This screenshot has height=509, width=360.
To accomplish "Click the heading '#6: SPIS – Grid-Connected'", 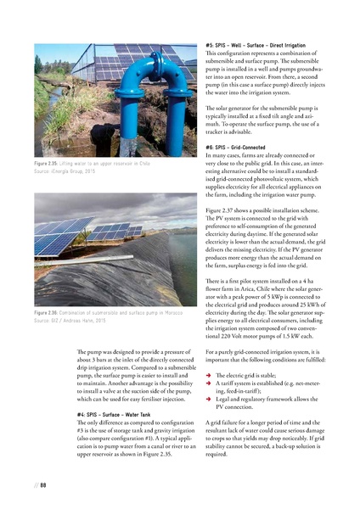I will point(239,148).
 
